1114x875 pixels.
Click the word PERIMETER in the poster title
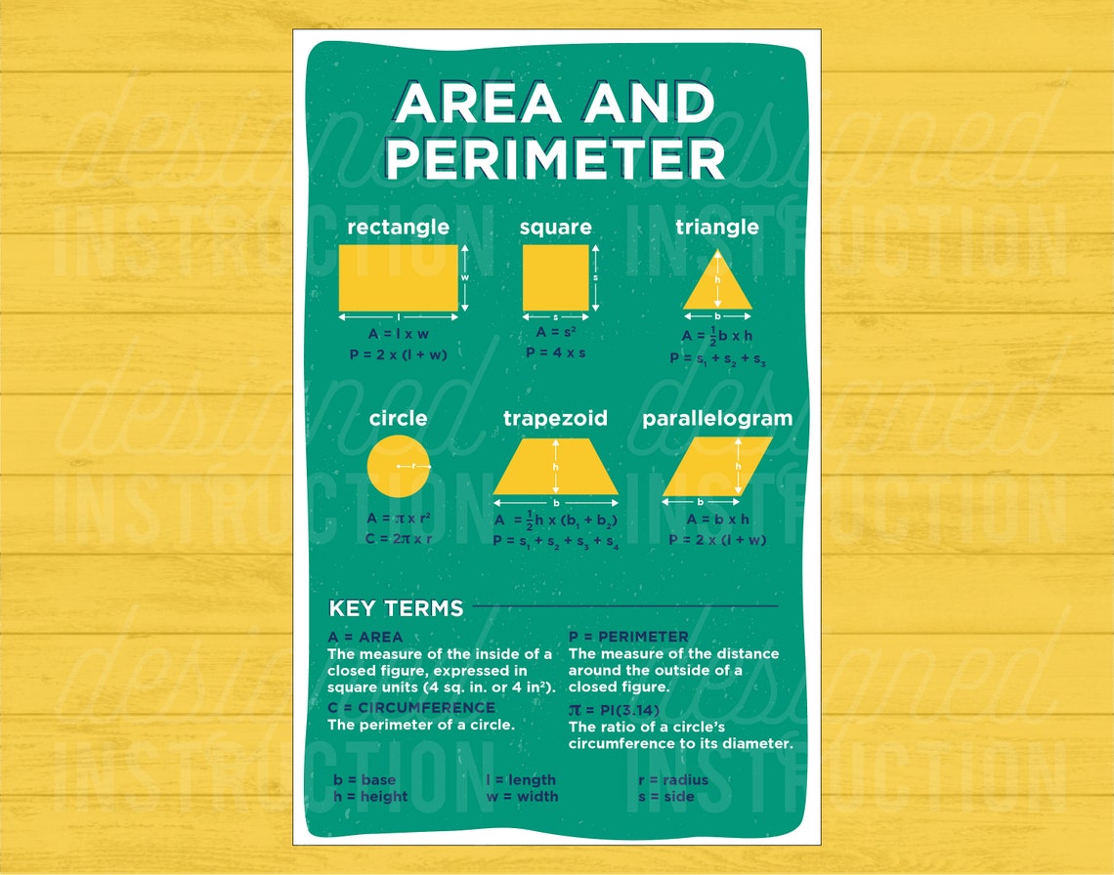pos(556,159)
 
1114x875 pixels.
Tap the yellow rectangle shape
pos(398,277)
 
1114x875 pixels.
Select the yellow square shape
pos(555,277)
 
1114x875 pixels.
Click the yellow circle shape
pos(398,467)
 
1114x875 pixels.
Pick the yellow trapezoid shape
pos(555,467)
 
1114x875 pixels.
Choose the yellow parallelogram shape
pos(717,467)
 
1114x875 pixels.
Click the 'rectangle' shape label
pos(398,228)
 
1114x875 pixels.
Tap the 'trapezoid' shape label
pos(555,419)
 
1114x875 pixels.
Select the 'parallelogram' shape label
pos(717,419)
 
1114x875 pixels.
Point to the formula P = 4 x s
pos(555,353)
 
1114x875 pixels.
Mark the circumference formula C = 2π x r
pos(398,538)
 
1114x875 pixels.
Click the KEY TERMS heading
pos(396,608)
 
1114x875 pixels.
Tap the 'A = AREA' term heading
pos(365,637)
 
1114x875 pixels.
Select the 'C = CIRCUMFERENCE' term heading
pos(411,707)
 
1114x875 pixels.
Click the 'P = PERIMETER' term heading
pos(628,637)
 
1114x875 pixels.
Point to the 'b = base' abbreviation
pos(364,779)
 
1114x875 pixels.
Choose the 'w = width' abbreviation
pos(522,796)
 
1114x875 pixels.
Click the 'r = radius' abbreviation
pos(672,779)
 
